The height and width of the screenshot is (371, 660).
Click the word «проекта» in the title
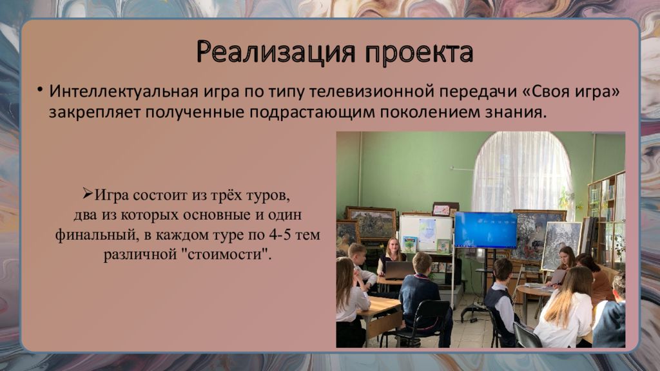tap(419, 53)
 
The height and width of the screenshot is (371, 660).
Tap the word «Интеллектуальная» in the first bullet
tap(124, 91)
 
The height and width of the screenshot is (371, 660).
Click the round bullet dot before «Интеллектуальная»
tap(39, 89)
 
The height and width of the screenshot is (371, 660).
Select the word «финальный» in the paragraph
tap(97, 234)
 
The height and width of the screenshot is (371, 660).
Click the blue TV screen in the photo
tap(485, 230)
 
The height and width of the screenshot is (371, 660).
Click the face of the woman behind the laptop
tap(392, 245)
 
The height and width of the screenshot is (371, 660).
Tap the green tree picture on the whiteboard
tap(409, 243)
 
